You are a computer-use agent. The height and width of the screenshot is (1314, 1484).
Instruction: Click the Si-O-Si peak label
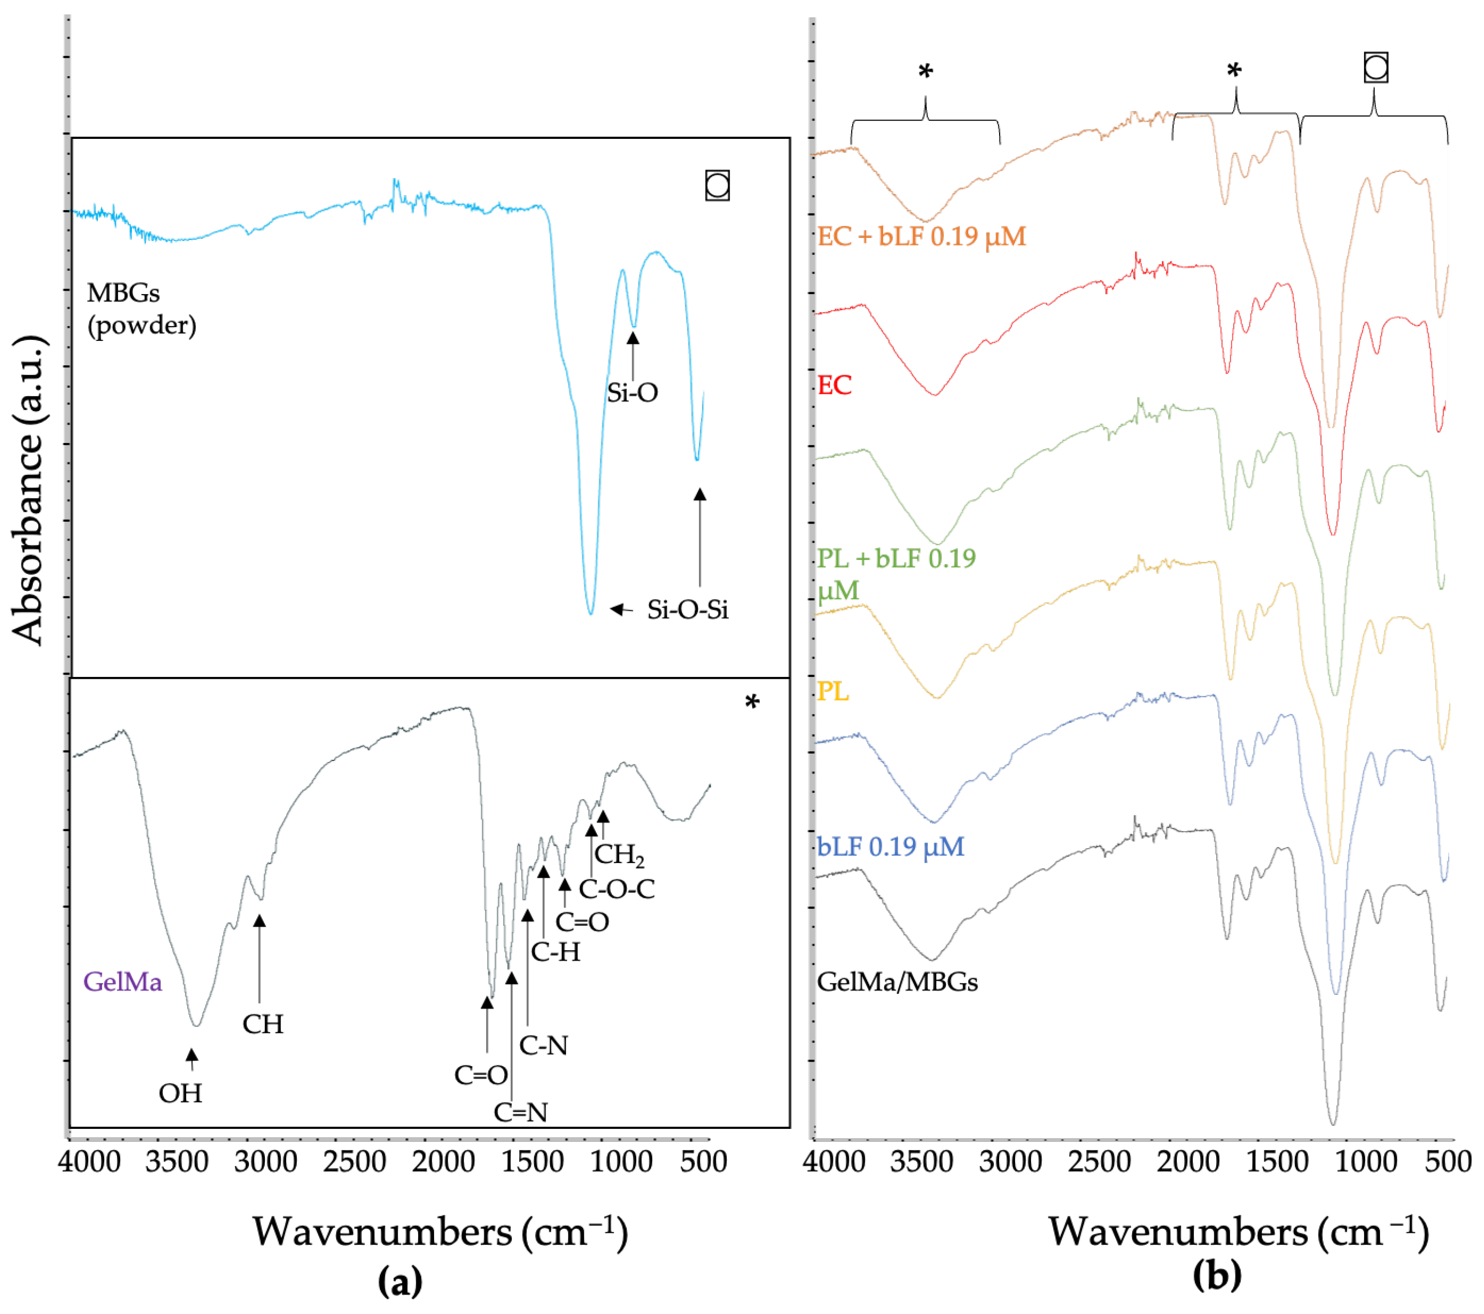(687, 610)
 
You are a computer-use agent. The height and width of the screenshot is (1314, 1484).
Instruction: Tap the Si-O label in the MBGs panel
(632, 393)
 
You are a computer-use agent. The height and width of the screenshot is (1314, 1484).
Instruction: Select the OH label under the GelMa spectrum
(180, 1093)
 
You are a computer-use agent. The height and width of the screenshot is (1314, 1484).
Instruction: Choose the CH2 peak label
(619, 855)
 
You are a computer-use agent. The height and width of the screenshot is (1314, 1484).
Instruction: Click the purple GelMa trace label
(122, 982)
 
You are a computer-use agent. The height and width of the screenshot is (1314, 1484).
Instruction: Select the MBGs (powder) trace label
(141, 309)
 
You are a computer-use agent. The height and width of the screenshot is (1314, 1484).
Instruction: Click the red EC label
(834, 385)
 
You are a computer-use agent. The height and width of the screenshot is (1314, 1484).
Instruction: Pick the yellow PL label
(833, 691)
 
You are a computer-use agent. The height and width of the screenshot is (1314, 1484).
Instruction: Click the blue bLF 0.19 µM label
(890, 847)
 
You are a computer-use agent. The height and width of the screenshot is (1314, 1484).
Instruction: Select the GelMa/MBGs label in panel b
(898, 982)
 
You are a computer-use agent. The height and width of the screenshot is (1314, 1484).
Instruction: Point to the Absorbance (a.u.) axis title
(29, 491)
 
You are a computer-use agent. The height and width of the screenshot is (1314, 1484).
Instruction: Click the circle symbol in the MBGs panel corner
(717, 185)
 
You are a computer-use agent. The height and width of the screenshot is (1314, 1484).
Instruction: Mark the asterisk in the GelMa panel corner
(752, 702)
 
